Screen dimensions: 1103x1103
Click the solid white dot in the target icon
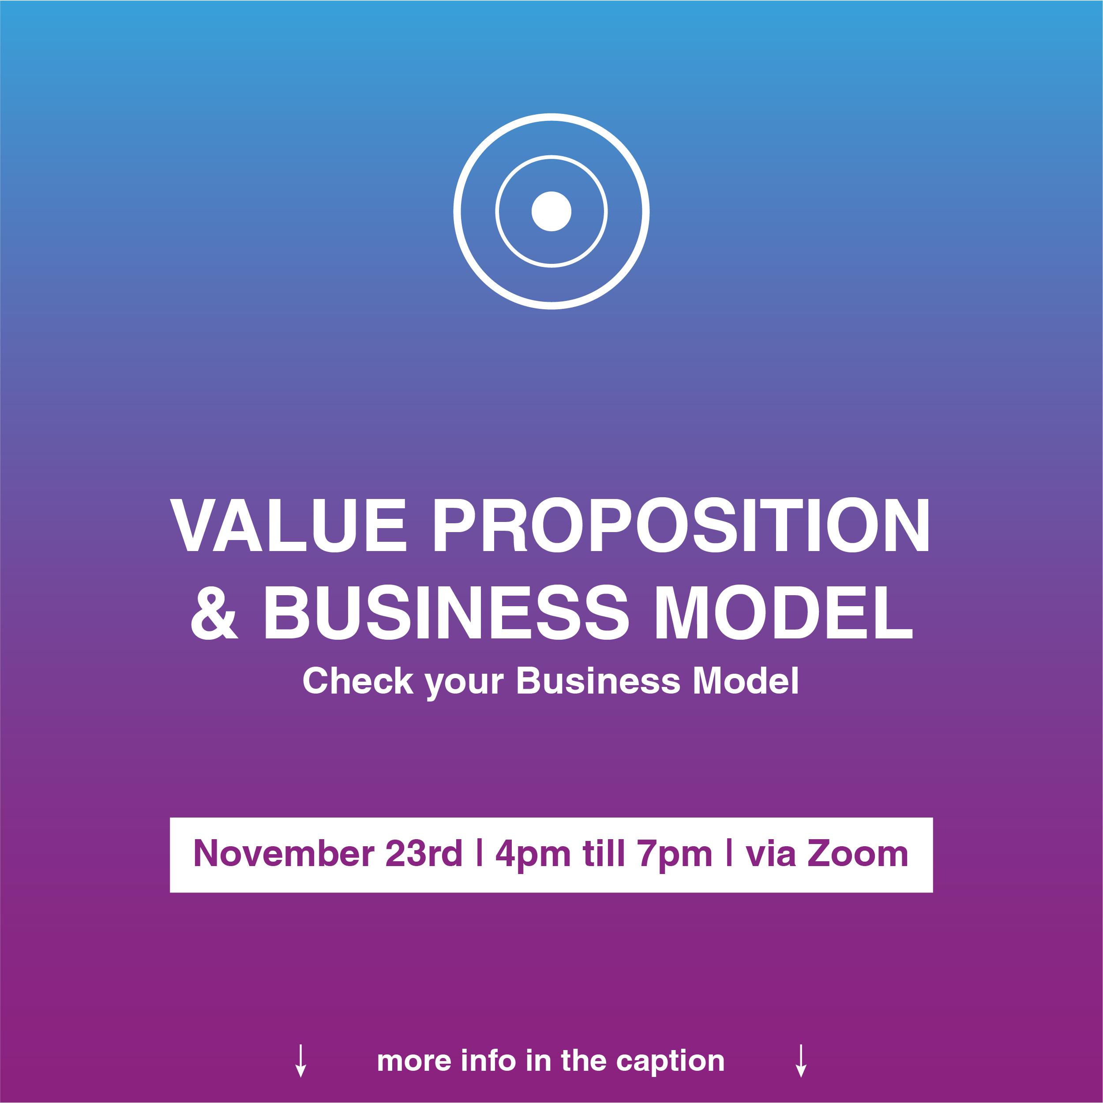[x=551, y=211]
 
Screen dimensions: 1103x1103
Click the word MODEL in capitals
[x=783, y=612]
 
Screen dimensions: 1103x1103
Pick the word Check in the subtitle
[x=358, y=681]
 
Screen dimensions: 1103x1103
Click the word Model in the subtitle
[x=745, y=681]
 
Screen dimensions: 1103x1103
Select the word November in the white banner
[x=284, y=854]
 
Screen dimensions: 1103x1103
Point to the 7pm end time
[x=675, y=856]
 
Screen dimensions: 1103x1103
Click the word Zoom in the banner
[x=858, y=854]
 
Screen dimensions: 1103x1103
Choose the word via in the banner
[x=771, y=854]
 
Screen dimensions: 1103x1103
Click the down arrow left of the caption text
[x=301, y=1061]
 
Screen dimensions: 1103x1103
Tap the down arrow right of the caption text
[x=801, y=1061]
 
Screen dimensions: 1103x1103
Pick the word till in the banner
[x=604, y=854]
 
